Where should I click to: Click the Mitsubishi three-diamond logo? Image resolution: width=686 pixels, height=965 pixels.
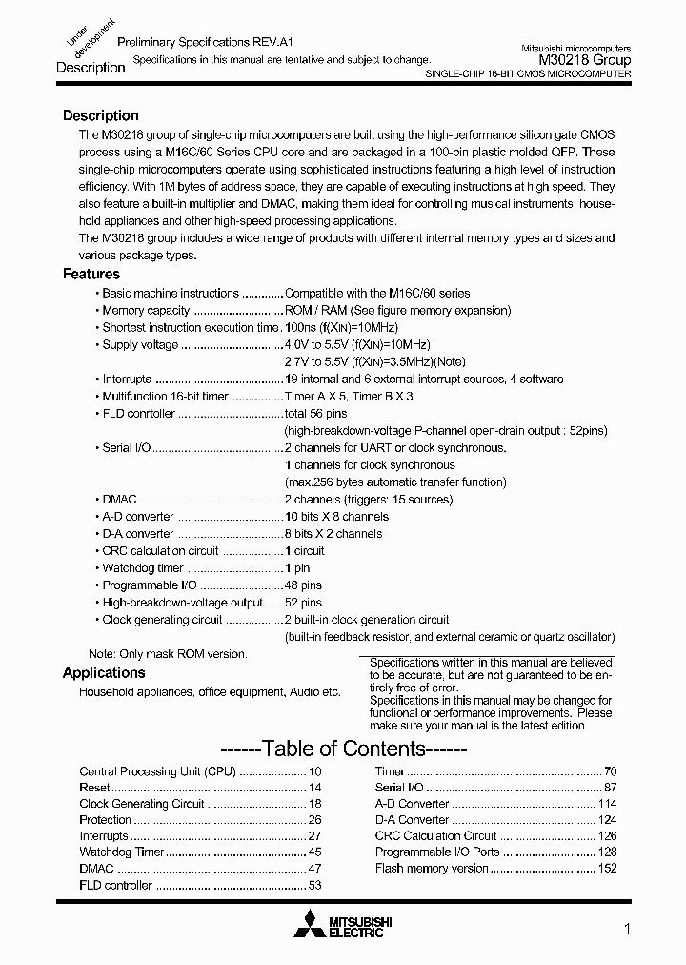point(310,924)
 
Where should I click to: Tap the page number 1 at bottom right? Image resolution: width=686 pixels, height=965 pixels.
point(626,929)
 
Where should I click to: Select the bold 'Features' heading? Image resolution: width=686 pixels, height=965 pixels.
point(91,274)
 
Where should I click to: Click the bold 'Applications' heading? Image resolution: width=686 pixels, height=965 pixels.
point(104,672)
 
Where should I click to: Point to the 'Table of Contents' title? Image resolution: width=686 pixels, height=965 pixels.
point(342,749)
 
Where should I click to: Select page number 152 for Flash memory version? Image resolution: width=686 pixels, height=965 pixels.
point(607,869)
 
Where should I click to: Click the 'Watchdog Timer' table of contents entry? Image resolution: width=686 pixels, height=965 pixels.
point(122,852)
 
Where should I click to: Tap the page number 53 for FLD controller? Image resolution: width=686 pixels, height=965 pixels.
point(314,886)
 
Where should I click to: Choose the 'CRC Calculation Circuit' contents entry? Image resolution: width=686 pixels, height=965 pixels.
point(435,836)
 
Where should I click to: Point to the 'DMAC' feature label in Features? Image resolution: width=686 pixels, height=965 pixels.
point(119,500)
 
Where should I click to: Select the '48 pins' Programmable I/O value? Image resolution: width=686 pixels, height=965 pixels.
point(303,585)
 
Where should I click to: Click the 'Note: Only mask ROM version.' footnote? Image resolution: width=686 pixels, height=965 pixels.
point(168,654)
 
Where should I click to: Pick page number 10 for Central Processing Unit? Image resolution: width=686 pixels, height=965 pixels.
point(315,771)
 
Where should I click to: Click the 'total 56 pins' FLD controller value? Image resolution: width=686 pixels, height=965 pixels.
point(315,414)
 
